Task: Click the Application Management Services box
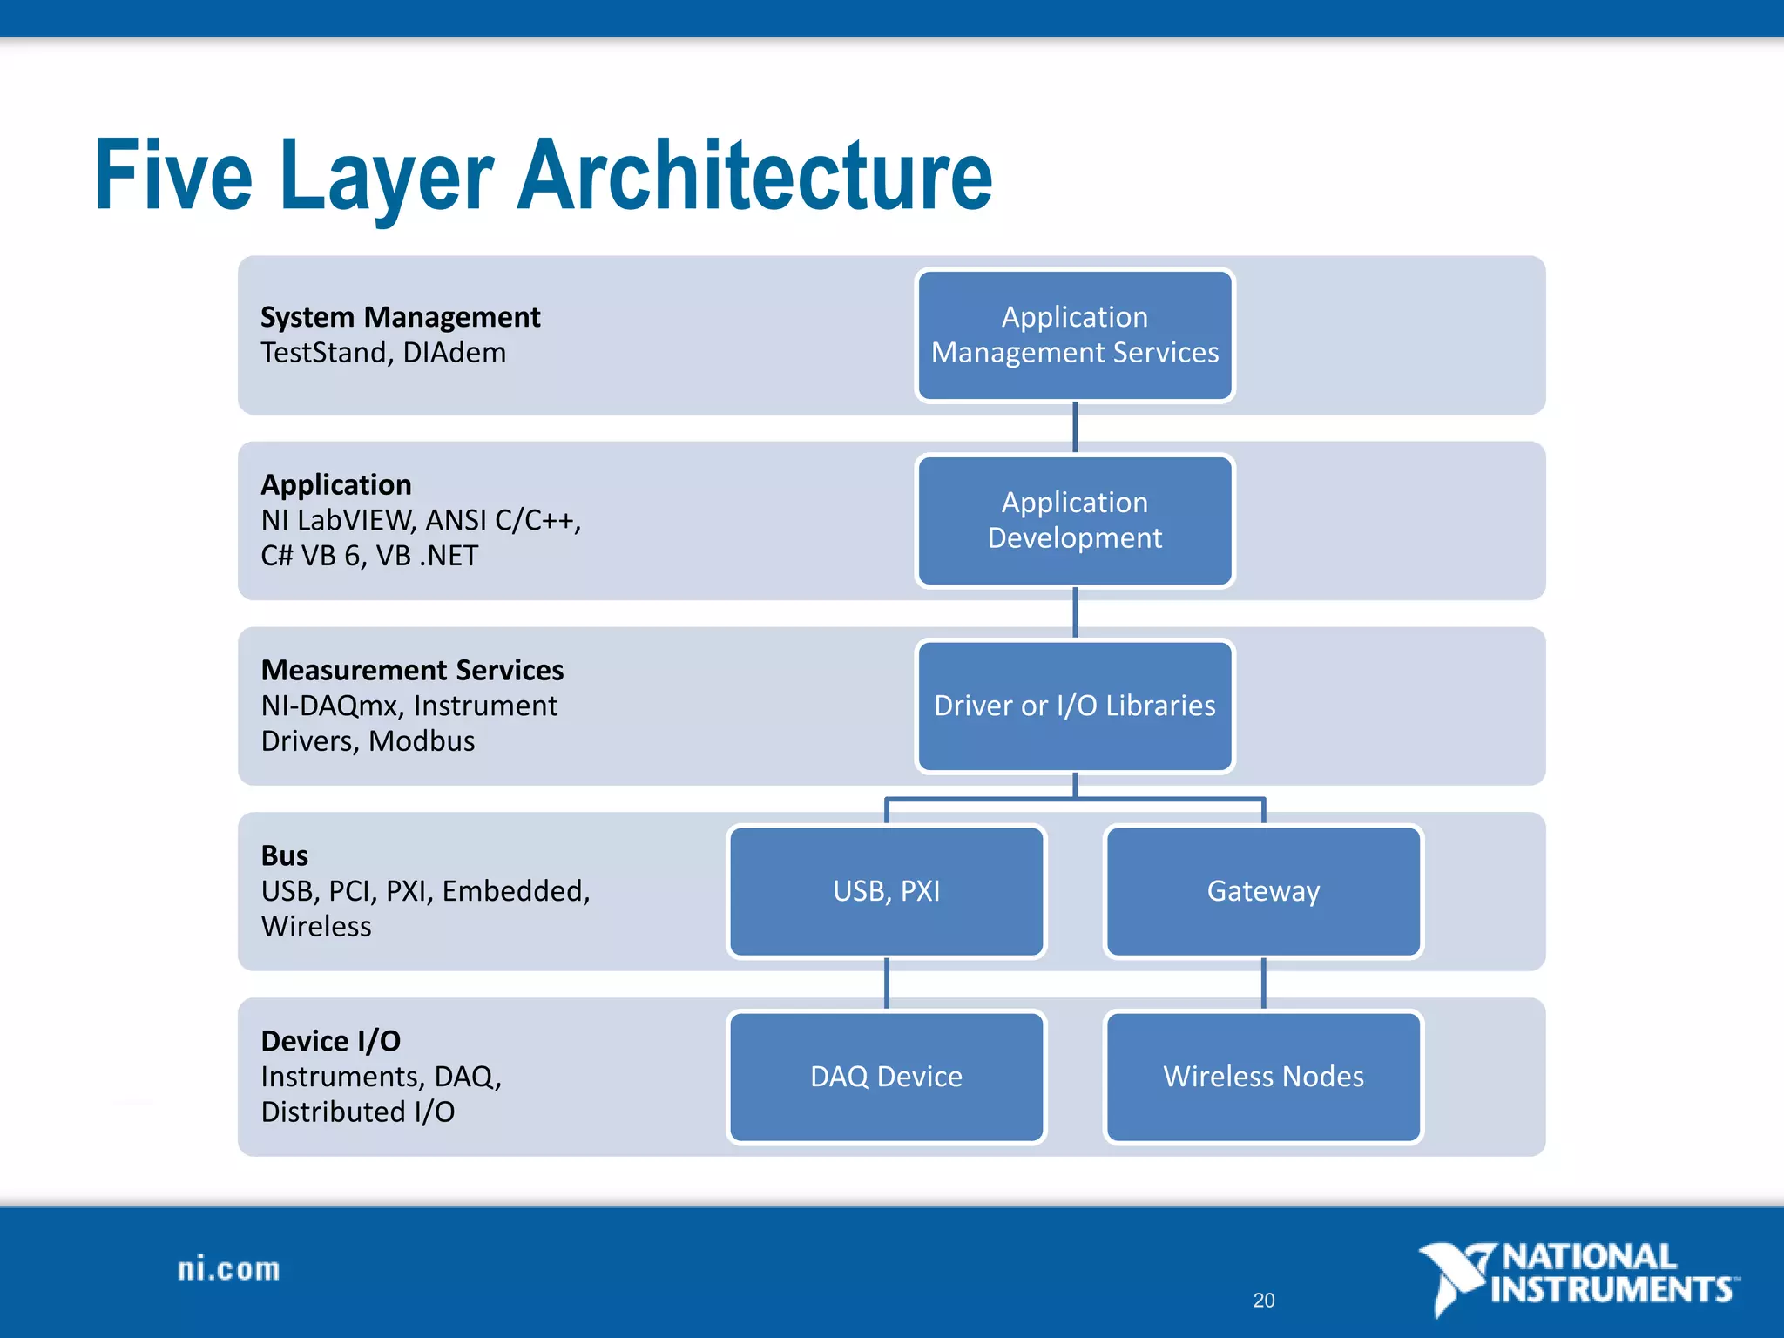tap(1074, 335)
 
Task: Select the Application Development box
tap(1074, 520)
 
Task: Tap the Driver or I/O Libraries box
tap(1074, 706)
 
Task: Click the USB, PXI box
tap(886, 891)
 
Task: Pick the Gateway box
tap(1263, 891)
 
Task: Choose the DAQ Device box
tap(886, 1077)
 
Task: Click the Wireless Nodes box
tap(1263, 1077)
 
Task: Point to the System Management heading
tap(400, 317)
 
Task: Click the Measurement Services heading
tap(412, 670)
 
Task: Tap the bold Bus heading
tap(284, 855)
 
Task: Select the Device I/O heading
tap(330, 1041)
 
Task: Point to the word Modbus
tap(422, 741)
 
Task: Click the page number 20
tap(1263, 1300)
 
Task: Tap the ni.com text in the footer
tap(228, 1269)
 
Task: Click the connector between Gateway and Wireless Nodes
tap(1263, 983)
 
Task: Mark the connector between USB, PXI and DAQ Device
tap(886, 983)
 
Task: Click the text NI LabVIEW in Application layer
tap(337, 520)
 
